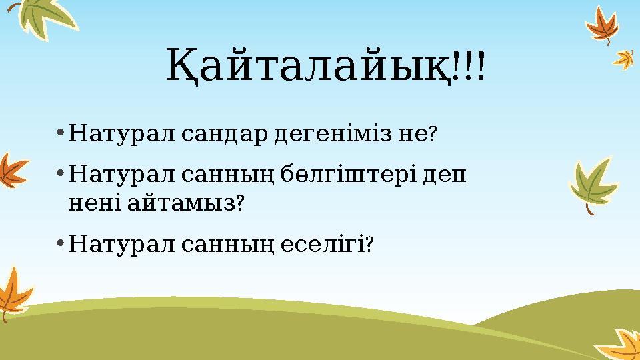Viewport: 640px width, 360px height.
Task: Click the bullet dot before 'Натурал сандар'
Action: (60, 133)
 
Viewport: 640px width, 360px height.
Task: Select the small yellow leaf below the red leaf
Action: (624, 59)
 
